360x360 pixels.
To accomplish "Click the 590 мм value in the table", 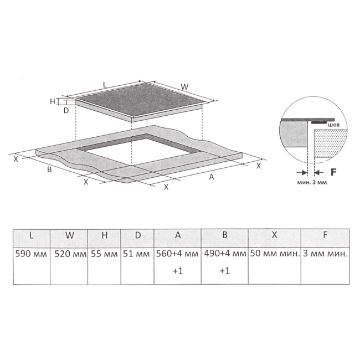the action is (x=31, y=254).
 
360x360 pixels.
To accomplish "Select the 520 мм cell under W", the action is (x=70, y=254).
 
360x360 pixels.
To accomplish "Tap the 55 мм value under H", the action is (x=104, y=254).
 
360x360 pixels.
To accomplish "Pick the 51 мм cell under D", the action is (x=136, y=254).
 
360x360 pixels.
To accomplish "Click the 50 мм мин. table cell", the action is (x=275, y=254).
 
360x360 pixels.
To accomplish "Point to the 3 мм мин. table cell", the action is (x=325, y=254).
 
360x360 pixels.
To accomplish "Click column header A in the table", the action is (x=178, y=235).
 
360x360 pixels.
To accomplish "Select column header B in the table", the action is (x=225, y=235).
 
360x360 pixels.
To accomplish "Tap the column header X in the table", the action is (x=274, y=235).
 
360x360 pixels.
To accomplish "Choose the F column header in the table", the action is (x=325, y=235).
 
